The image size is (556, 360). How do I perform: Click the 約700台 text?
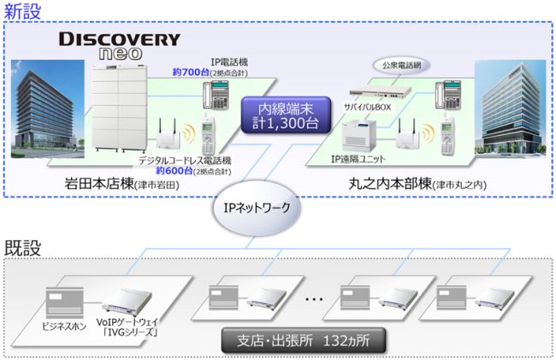pyautogui.click(x=189, y=73)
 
